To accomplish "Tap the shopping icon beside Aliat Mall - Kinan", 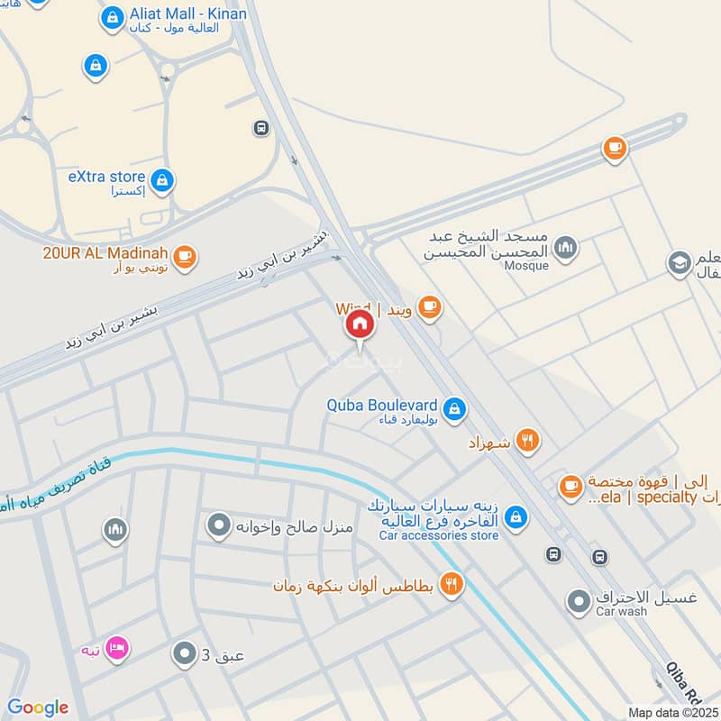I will (x=112, y=17).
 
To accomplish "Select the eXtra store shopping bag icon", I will (x=162, y=181).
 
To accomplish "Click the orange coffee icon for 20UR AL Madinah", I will (x=185, y=256).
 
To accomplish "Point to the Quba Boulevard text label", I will (x=382, y=405).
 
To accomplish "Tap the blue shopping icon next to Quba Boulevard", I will (x=455, y=408).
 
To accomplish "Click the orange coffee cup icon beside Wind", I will (x=429, y=308).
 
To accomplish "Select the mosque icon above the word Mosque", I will (x=565, y=248).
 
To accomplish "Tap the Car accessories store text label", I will (x=439, y=535).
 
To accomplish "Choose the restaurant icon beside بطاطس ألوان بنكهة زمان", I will (x=452, y=583).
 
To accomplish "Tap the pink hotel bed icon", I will (x=116, y=649).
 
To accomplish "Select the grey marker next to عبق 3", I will (x=184, y=653).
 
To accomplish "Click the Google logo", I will (x=38, y=707).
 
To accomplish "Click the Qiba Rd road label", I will (x=681, y=681).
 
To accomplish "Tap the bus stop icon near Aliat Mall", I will (x=261, y=128).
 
